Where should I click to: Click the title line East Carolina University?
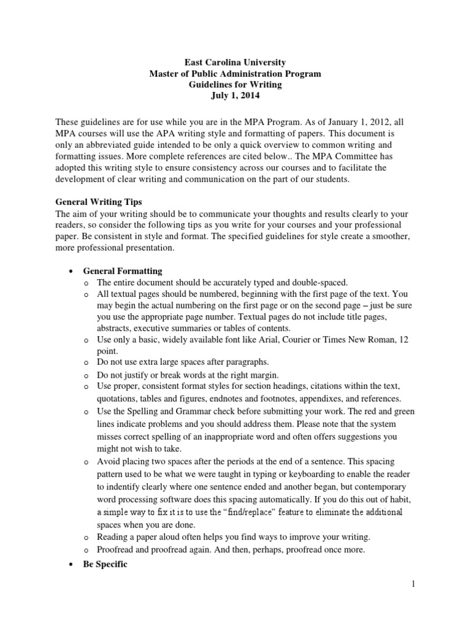[x=235, y=63]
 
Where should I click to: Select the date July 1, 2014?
[x=235, y=96]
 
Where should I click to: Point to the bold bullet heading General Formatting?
[x=123, y=271]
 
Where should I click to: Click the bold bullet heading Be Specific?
[x=105, y=564]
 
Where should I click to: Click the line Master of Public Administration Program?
[x=235, y=74]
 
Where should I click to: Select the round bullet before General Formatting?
[x=72, y=272]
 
